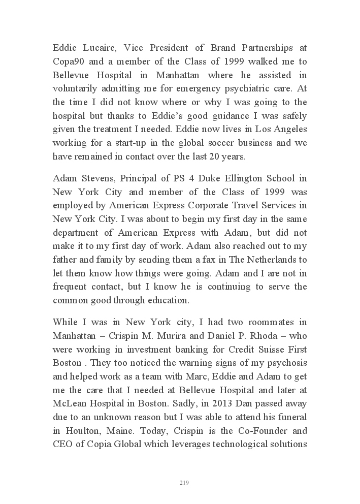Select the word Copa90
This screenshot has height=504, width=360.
pyautogui.click(x=68, y=61)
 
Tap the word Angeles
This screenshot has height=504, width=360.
pyautogui.click(x=288, y=130)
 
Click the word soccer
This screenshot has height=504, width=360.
pyautogui.click(x=221, y=143)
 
